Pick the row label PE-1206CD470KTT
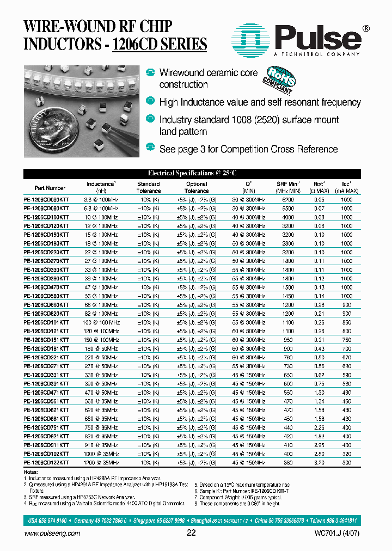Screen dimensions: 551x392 tap(46, 287)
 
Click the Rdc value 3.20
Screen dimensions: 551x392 tap(319, 462)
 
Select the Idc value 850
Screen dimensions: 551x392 tap(346, 322)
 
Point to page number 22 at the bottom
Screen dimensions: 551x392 tap(191, 533)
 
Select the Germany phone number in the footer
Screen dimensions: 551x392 tap(100, 521)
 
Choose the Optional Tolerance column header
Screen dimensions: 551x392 tap(197, 188)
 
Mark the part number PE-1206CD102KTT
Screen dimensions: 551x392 tap(46, 454)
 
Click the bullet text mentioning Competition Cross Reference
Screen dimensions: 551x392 tap(248, 149)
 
